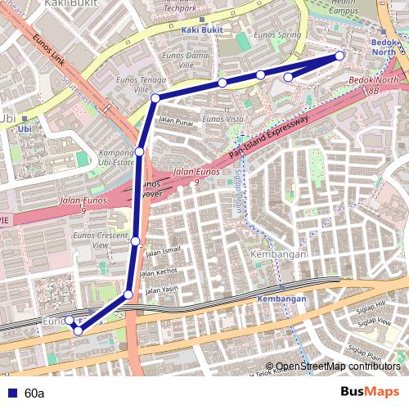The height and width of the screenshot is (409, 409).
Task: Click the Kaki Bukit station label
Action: (x=201, y=30)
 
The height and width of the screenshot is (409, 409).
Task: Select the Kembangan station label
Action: (x=281, y=299)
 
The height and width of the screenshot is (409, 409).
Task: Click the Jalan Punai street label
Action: (x=174, y=121)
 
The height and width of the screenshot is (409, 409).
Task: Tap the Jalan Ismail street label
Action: (x=162, y=251)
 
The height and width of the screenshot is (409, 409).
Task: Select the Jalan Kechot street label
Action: (x=161, y=271)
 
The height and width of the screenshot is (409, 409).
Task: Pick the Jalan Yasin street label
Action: (x=162, y=289)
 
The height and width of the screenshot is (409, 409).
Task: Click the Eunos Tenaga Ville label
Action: (x=141, y=84)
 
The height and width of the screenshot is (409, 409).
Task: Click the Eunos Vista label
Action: (x=223, y=119)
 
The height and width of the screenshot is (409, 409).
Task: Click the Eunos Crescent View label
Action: (x=101, y=240)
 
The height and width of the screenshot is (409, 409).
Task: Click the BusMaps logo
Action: (x=371, y=393)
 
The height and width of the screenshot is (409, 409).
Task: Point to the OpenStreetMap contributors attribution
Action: (x=337, y=366)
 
